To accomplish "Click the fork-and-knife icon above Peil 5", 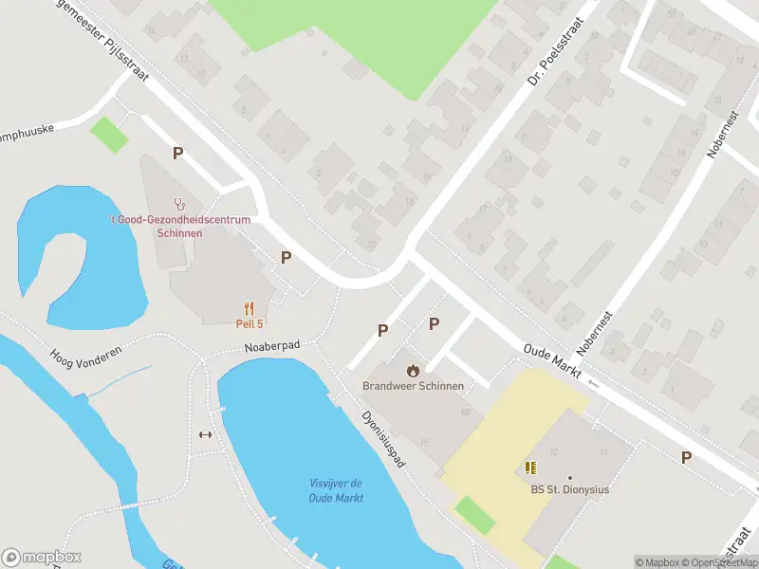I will pos(249,307).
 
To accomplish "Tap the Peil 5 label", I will pos(249,323).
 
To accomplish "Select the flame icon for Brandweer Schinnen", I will pos(413,370).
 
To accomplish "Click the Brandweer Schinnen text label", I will pos(413,386).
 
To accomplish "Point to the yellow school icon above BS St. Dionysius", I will pos(530,468).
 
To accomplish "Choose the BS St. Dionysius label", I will pos(569,489).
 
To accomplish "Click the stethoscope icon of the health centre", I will pos(178,203).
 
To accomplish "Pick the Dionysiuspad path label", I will pos(384,439).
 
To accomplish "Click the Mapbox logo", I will pos(42,557).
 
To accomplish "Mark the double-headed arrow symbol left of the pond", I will pos(204,435).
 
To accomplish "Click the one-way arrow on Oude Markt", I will pos(594,383).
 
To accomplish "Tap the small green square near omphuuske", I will pos(109,135).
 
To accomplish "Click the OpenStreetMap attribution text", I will pos(721,562).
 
